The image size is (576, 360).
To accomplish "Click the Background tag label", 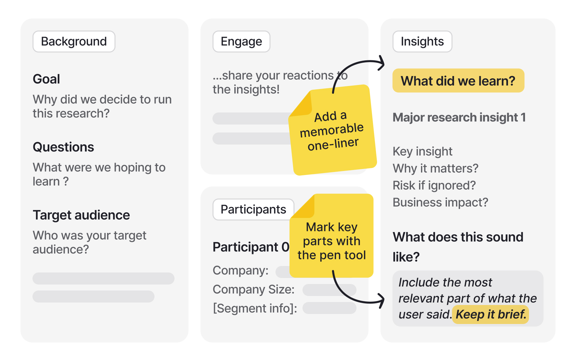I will [74, 42].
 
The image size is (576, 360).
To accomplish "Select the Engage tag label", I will [241, 42].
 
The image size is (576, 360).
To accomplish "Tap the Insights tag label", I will [422, 42].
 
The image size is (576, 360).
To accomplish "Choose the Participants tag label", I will [253, 210].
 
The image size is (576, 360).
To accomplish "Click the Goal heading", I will [46, 79].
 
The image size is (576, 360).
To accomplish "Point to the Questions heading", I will [63, 147].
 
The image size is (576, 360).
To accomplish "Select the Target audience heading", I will [81, 215].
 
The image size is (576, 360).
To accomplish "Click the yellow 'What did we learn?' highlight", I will [458, 81].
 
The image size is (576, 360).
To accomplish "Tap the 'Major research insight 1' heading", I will [459, 117].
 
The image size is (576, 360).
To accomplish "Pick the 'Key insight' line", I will [422, 152].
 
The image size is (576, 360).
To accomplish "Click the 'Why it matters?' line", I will [435, 169].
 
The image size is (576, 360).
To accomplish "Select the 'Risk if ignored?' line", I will [434, 186].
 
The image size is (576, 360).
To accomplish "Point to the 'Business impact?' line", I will [440, 203].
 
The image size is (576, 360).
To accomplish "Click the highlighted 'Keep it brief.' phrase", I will [491, 314].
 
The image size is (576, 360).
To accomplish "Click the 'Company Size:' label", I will [254, 290].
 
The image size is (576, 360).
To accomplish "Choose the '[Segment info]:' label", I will [255, 309].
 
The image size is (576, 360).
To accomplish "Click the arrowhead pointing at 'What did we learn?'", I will [382, 63].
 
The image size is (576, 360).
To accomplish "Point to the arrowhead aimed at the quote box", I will [382, 301].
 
